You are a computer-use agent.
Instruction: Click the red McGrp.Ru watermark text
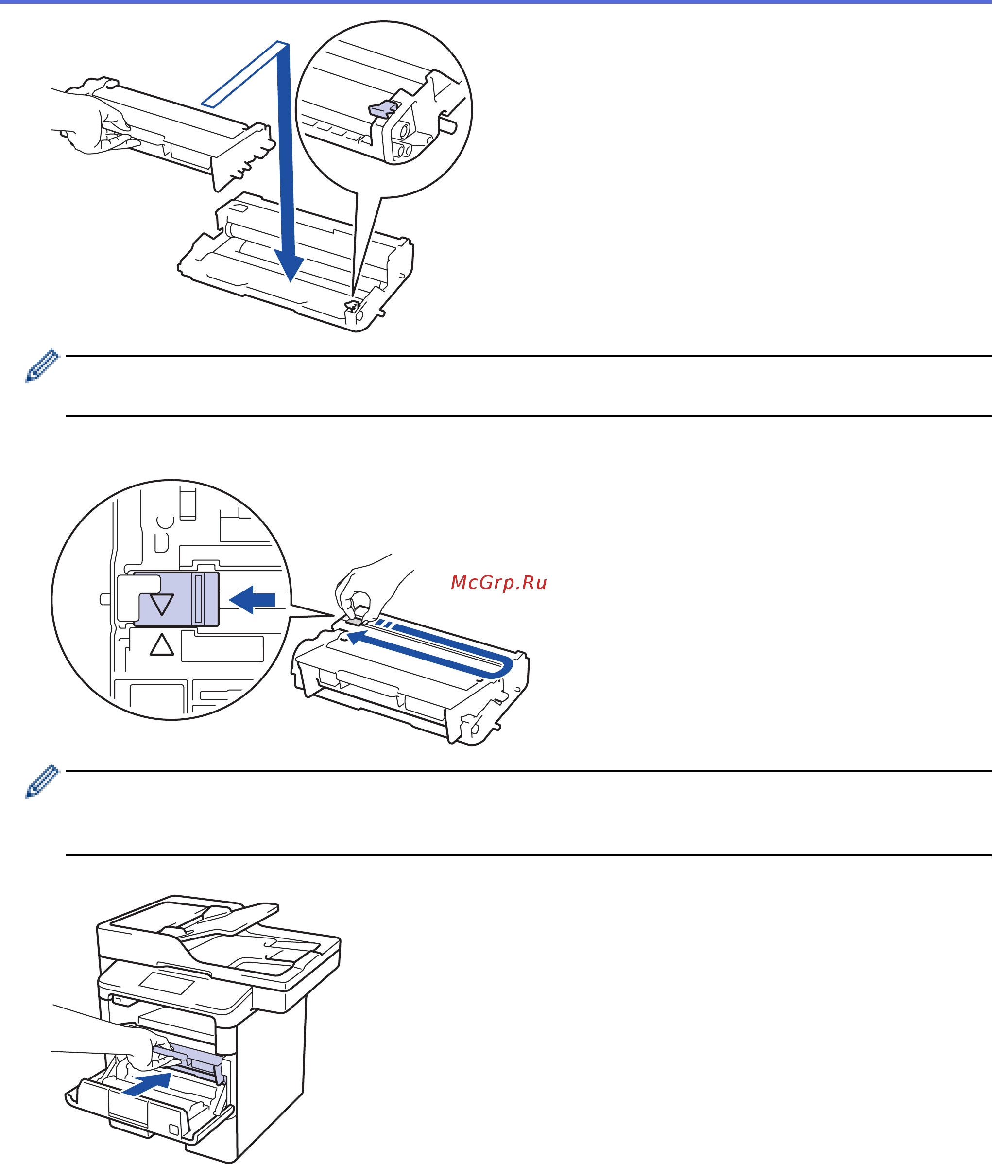point(498,583)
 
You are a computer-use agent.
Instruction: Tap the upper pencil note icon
point(42,365)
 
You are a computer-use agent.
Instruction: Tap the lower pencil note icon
point(42,781)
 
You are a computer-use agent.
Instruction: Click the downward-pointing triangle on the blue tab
point(162,604)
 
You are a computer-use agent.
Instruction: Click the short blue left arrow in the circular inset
point(252,600)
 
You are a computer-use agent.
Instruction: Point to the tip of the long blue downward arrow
point(290,281)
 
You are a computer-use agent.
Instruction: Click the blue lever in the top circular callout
point(382,109)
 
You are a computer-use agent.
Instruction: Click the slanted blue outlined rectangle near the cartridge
point(245,73)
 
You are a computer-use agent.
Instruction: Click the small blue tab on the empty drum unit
point(352,307)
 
